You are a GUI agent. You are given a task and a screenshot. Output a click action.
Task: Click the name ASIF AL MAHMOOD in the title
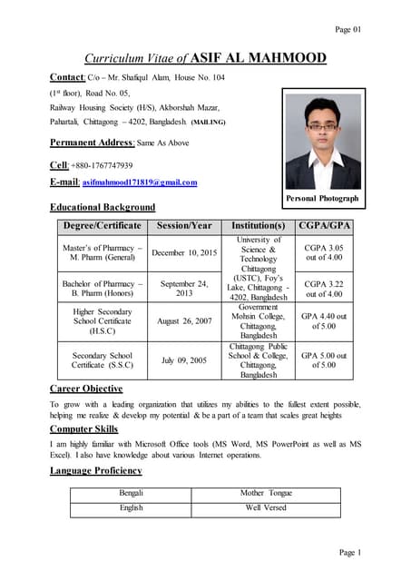point(264,58)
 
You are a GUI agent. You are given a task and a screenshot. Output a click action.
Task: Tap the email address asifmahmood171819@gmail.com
point(140,182)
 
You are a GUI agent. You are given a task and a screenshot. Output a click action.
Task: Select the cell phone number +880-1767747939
point(104,165)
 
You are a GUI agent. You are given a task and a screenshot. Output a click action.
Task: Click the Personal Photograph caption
point(322,198)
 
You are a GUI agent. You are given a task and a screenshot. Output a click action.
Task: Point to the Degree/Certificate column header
point(101,225)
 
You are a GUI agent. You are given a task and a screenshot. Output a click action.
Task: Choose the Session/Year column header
point(184,225)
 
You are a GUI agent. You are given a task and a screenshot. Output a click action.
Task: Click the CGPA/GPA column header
point(324,225)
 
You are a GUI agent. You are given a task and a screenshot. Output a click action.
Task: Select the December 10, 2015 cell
point(184,253)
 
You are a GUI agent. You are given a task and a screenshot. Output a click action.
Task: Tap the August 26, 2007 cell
point(184,321)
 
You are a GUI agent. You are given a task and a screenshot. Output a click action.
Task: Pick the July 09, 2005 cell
point(184,360)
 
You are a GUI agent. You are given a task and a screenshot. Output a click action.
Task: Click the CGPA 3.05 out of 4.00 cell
point(324,251)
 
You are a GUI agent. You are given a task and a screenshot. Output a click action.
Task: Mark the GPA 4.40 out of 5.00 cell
point(324,320)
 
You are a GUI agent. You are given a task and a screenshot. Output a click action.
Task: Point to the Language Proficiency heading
point(96,471)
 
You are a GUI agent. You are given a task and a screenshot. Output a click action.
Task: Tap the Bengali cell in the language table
point(132,493)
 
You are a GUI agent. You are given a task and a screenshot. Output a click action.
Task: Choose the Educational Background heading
point(102,208)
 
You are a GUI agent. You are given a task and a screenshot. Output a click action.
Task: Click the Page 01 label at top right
point(348,29)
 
